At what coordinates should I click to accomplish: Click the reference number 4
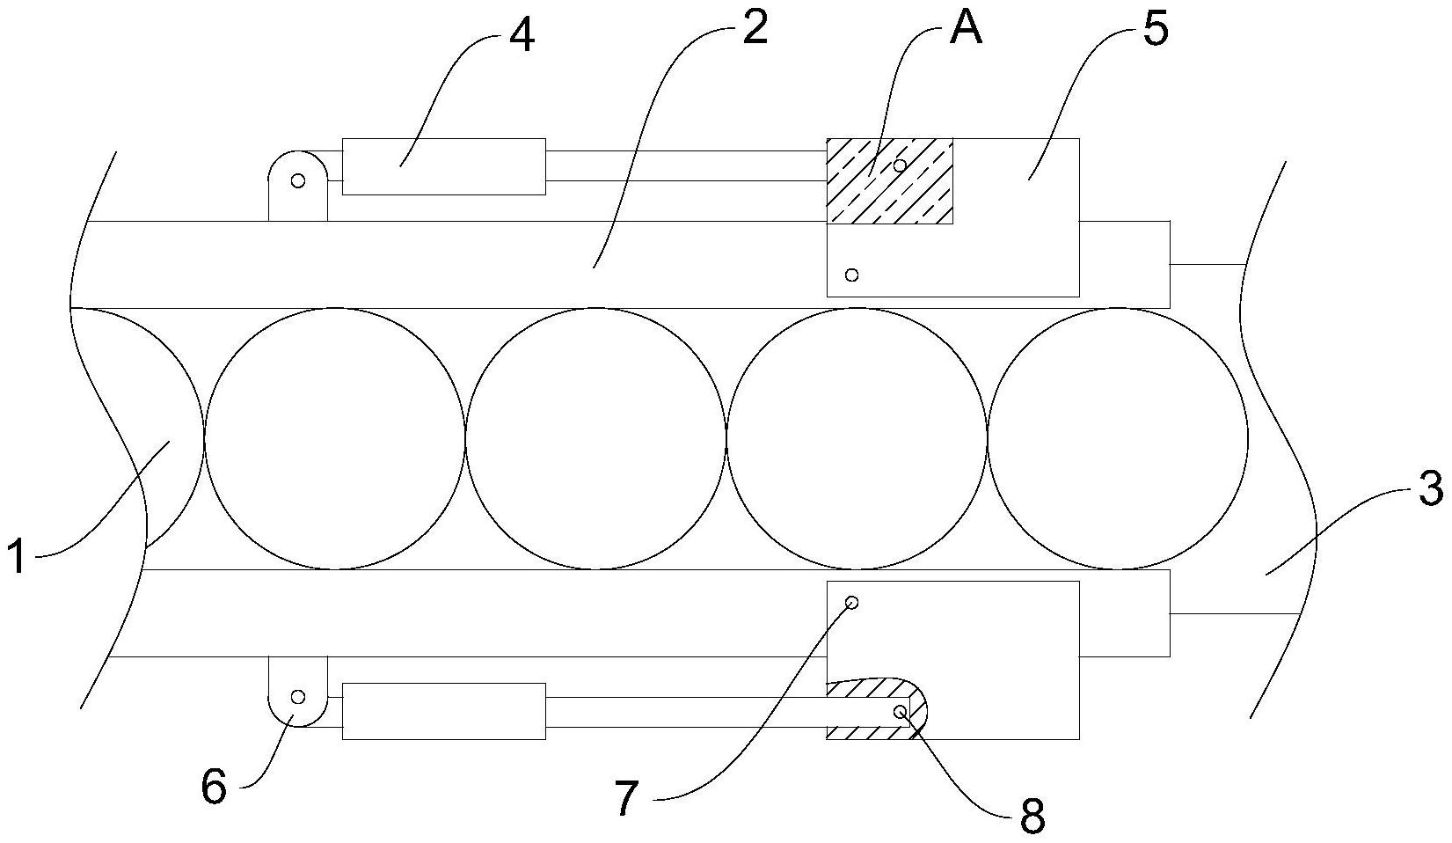522,36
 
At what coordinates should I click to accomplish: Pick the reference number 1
17,558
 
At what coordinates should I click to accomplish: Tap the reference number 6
214,786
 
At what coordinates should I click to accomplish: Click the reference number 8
1032,817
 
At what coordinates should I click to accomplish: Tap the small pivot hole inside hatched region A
900,165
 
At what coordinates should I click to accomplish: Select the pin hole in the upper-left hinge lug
298,180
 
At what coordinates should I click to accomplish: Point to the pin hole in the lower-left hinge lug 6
298,697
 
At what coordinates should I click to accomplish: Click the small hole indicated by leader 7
851,603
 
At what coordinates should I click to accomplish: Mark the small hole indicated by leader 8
900,712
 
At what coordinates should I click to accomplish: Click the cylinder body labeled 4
443,166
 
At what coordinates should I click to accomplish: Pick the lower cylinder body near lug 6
443,711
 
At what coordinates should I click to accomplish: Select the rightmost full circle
1118,438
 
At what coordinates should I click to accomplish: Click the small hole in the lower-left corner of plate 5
851,275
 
